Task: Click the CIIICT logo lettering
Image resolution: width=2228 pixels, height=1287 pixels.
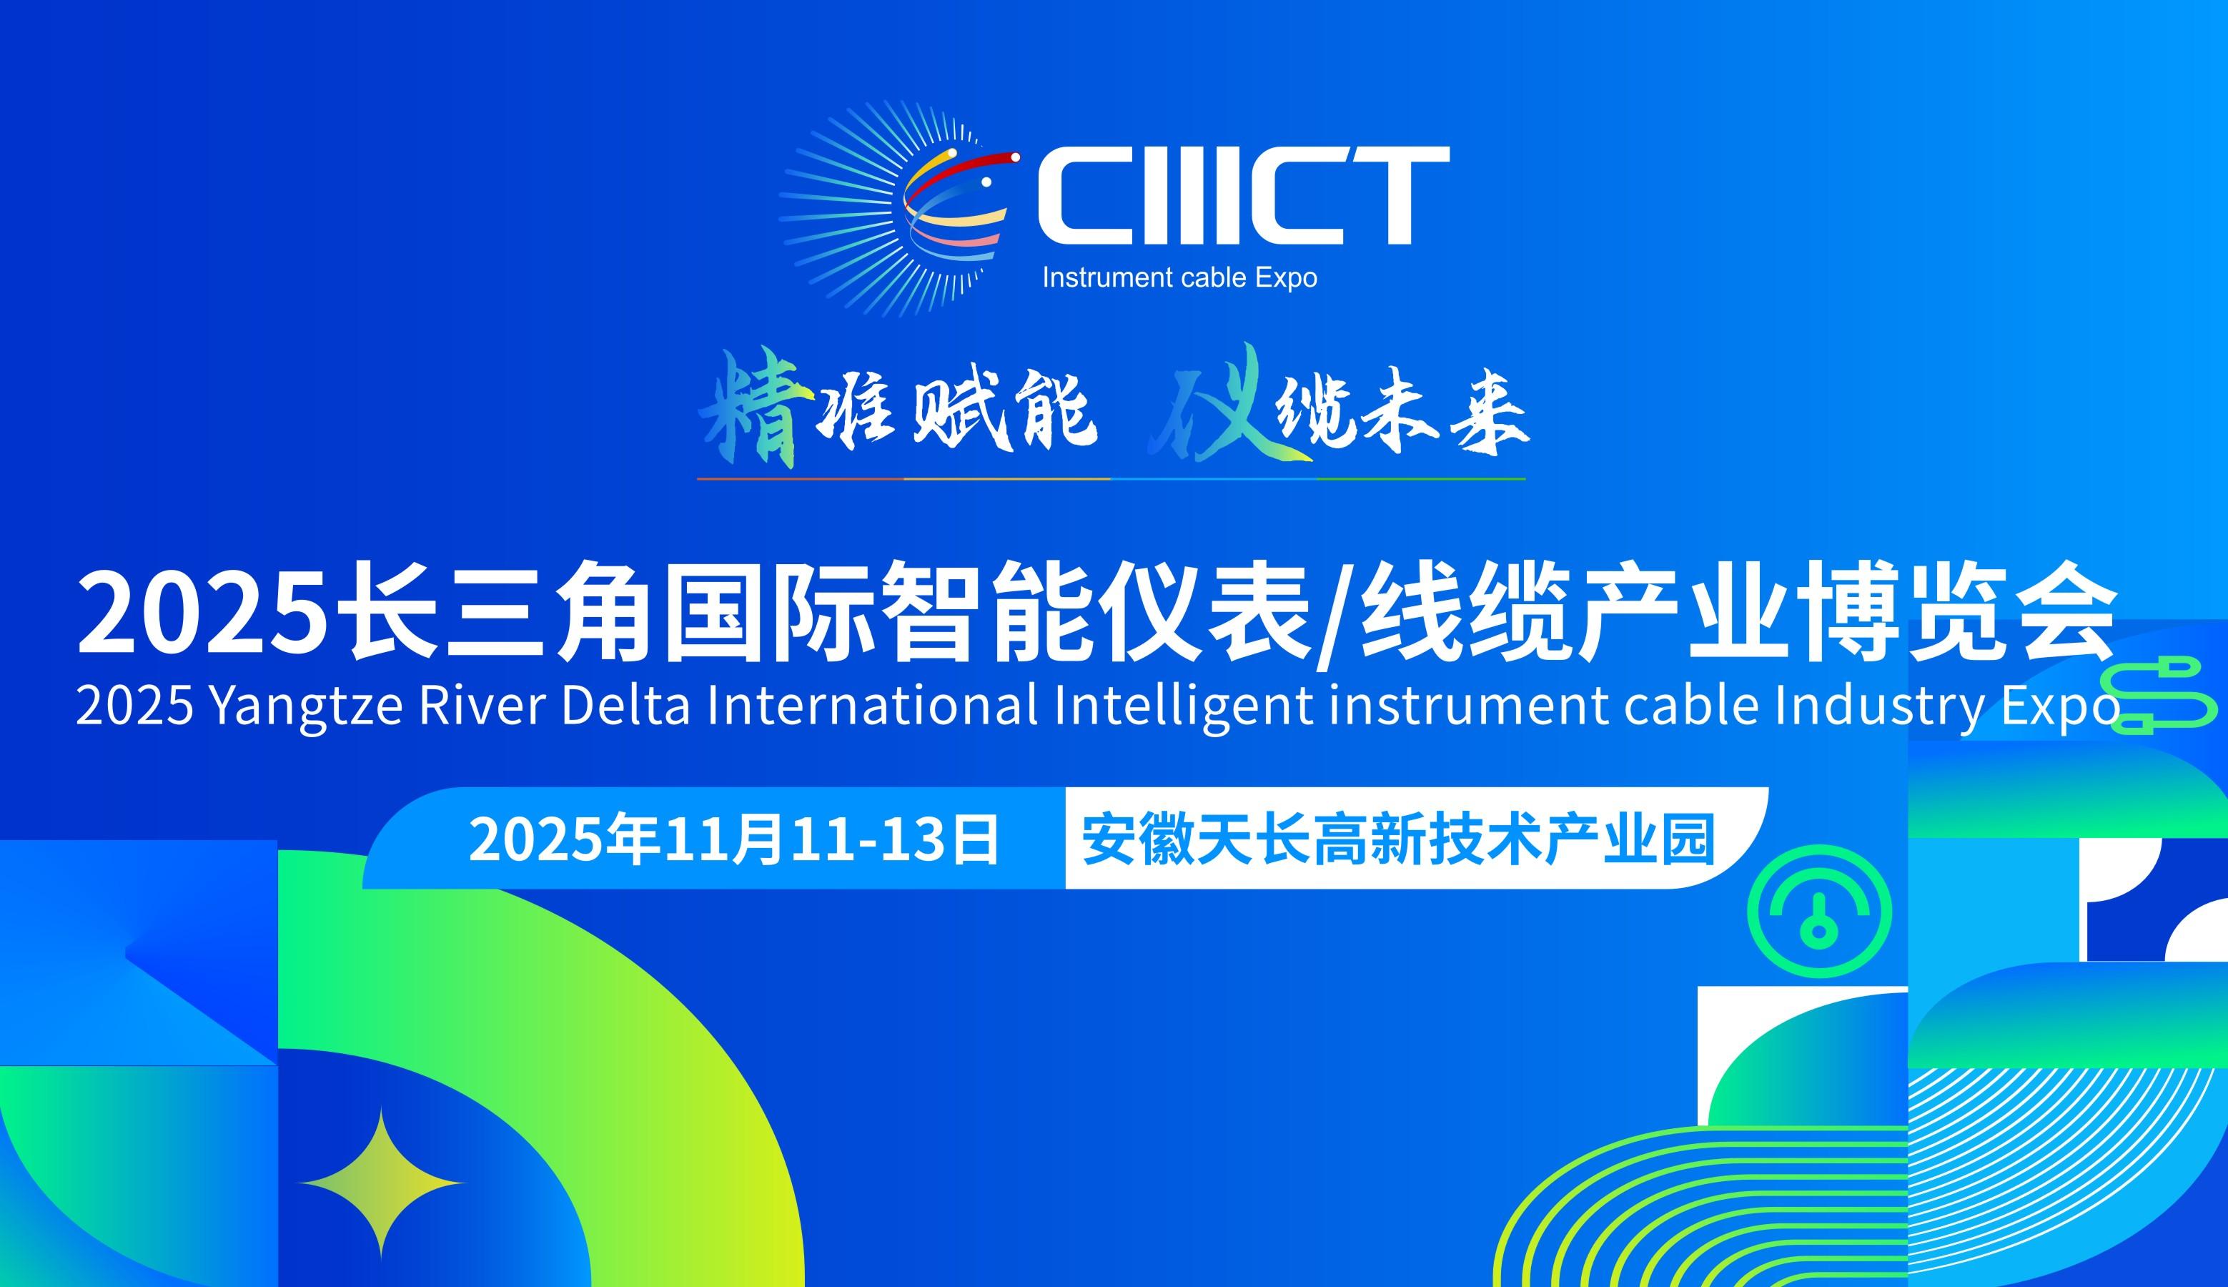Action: point(1243,196)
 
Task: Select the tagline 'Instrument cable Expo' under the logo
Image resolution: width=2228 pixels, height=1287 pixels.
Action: point(1179,277)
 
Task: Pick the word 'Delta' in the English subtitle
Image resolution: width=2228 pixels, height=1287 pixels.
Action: point(625,706)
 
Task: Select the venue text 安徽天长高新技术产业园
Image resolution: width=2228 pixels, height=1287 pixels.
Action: point(1398,839)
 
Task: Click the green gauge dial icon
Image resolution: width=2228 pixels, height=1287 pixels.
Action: point(1820,913)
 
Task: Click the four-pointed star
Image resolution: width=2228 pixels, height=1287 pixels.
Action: point(381,1183)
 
